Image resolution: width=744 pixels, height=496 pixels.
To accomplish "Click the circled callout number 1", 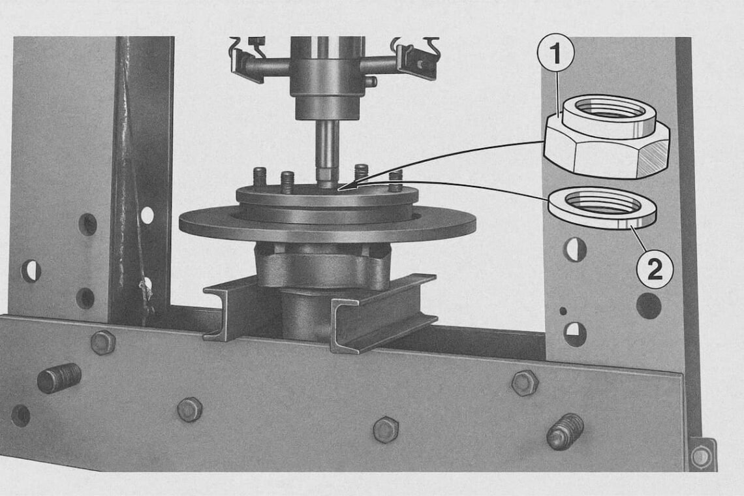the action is tap(555, 54).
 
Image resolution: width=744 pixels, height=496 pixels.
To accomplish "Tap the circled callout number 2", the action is tap(655, 270).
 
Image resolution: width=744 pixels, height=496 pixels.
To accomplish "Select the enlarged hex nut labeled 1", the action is tap(606, 136).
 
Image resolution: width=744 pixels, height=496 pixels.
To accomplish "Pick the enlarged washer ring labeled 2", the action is tap(602, 209).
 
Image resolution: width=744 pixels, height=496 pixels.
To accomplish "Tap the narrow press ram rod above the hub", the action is tap(328, 152).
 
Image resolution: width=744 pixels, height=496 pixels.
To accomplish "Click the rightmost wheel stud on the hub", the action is tap(395, 181).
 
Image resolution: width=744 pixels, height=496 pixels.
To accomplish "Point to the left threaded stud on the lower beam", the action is tap(59, 378).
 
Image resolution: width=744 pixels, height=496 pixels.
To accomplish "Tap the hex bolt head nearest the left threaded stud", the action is tap(103, 342).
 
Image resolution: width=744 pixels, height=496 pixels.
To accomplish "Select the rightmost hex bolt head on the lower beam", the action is tap(525, 382).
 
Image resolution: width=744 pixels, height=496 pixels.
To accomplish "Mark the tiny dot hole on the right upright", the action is tap(563, 311).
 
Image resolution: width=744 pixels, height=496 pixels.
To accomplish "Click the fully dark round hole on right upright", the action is tap(649, 305).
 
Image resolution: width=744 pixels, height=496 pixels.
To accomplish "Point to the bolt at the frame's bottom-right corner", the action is tap(701, 456).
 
